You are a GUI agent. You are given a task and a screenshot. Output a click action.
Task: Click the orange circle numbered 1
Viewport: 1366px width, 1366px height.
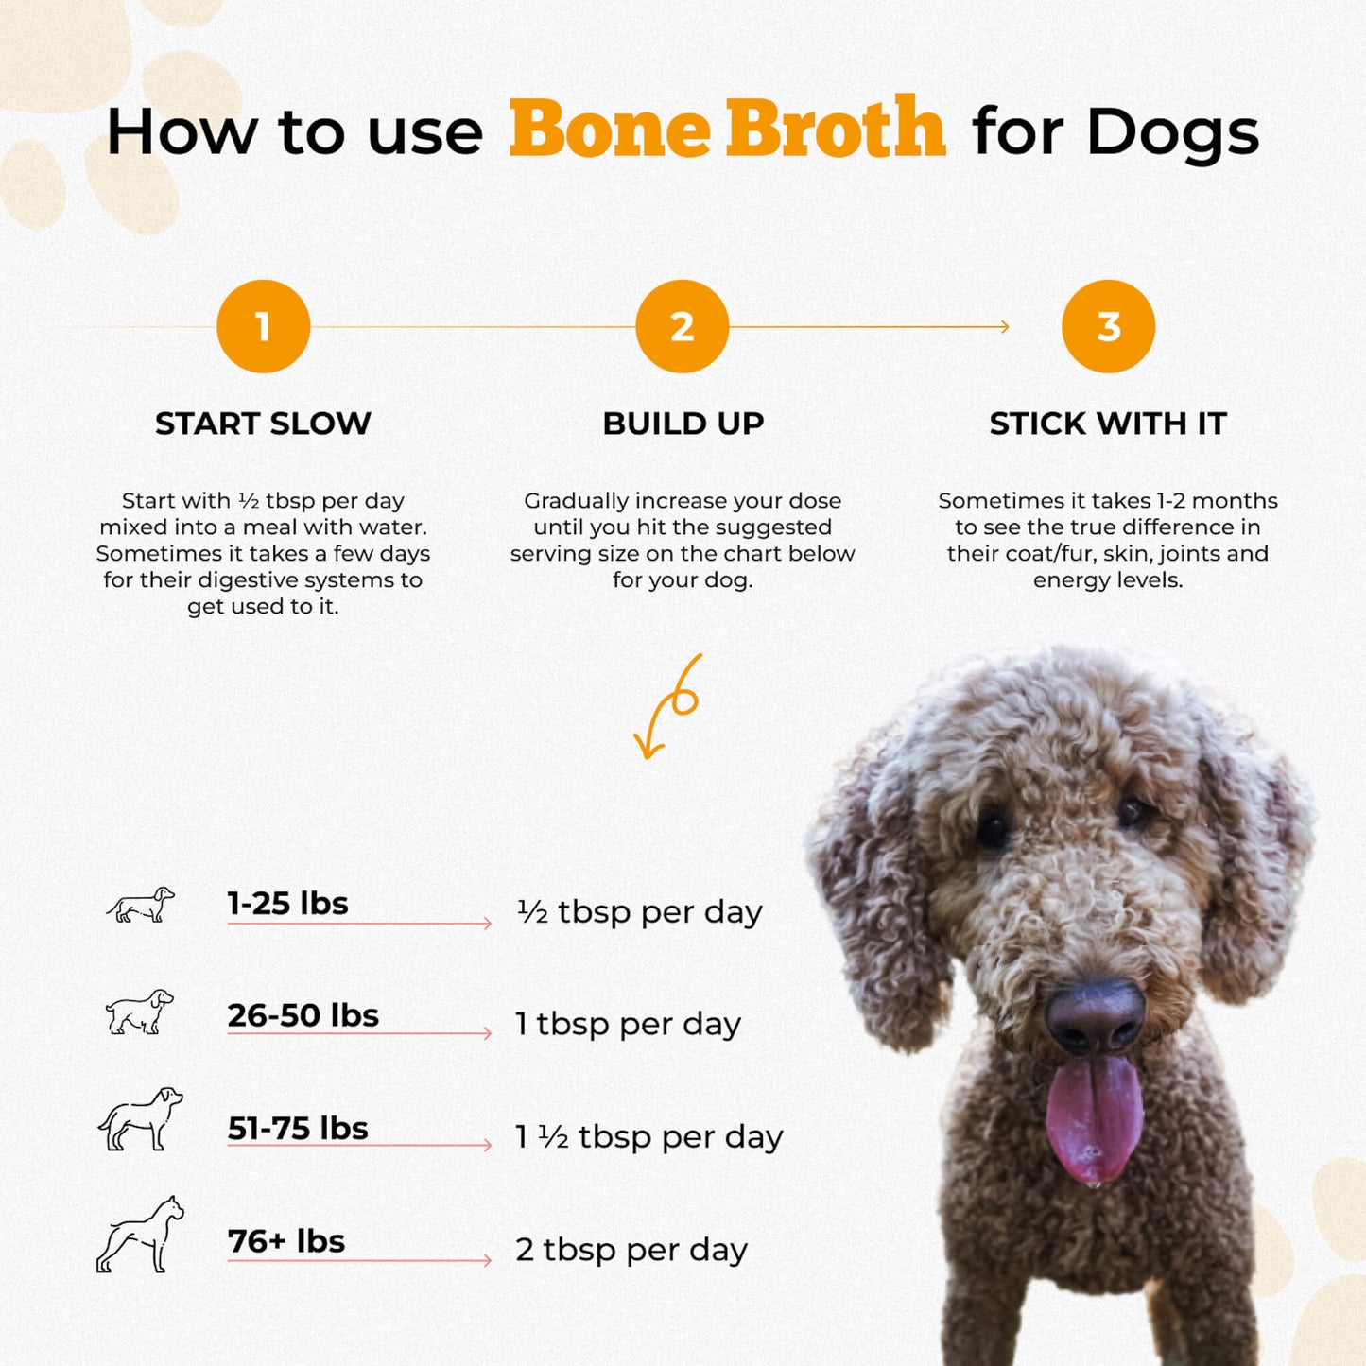(263, 326)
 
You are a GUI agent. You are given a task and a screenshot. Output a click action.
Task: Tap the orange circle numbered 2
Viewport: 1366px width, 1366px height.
(682, 326)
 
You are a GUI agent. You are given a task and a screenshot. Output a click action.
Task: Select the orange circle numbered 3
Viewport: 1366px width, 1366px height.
(1108, 326)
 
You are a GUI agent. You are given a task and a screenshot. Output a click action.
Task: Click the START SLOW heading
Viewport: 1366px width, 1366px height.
(263, 424)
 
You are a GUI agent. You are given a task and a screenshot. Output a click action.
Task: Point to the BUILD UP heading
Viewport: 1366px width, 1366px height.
(683, 424)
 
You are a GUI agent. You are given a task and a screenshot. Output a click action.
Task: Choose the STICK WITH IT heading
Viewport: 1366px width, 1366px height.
(1108, 424)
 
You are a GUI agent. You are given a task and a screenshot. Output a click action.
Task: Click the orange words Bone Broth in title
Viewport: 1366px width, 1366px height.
(726, 129)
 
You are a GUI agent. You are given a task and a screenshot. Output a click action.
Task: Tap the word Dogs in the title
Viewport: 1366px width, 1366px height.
(1172, 132)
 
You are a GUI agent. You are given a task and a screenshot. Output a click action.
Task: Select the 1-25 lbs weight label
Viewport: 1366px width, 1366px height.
(287, 904)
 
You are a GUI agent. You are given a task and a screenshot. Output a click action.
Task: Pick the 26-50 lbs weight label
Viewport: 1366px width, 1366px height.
(303, 1015)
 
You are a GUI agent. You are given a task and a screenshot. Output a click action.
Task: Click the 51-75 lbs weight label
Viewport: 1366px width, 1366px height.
(298, 1128)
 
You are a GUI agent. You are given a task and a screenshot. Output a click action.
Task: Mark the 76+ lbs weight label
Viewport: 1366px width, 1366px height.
(286, 1240)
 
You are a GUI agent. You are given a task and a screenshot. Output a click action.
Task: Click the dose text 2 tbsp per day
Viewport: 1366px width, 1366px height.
(631, 1250)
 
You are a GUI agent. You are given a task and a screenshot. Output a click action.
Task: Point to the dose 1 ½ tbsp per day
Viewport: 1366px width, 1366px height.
(648, 1136)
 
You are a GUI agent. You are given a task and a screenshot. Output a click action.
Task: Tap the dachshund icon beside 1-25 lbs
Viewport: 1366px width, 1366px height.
(140, 905)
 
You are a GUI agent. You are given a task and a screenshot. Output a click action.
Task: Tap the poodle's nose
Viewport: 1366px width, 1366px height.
(1095, 1016)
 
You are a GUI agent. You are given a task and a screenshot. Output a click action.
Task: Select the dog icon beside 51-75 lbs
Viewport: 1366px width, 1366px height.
(140, 1119)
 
